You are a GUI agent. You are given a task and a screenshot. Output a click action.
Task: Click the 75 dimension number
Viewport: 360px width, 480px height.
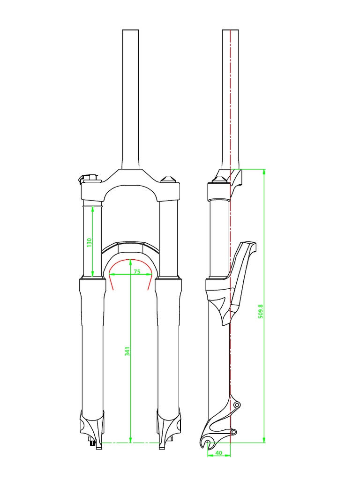[x=137, y=271]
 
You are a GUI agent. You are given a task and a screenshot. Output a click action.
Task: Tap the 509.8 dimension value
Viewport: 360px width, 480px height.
[x=261, y=311]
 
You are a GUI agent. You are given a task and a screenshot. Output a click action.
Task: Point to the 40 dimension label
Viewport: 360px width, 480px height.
[x=218, y=453]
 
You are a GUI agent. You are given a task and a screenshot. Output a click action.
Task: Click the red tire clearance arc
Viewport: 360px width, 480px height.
[x=130, y=261]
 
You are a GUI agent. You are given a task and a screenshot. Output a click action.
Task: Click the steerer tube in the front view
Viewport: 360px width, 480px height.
[x=130, y=98]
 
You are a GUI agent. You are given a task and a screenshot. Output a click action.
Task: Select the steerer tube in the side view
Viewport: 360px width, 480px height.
[x=231, y=98]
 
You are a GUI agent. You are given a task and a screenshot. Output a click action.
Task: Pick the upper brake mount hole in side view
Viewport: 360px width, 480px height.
[x=236, y=404]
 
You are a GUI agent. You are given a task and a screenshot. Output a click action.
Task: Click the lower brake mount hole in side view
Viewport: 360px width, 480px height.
[x=234, y=431]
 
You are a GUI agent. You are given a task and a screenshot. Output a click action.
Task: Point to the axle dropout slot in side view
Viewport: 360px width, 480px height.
[x=209, y=441]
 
